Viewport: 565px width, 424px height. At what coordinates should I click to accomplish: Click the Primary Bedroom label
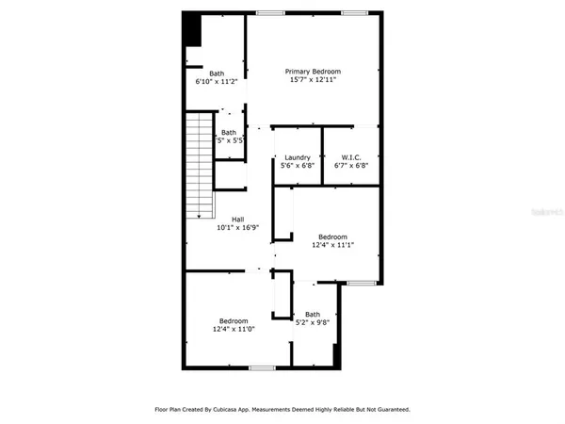click(x=314, y=72)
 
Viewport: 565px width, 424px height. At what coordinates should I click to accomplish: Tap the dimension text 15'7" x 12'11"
click(x=314, y=80)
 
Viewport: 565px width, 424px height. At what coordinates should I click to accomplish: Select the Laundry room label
click(x=298, y=156)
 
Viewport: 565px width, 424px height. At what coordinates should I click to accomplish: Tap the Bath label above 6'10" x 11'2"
click(x=217, y=73)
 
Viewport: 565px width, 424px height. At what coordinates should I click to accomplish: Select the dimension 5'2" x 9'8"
click(x=313, y=322)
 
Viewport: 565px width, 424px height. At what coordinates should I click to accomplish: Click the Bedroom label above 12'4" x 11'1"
click(x=332, y=236)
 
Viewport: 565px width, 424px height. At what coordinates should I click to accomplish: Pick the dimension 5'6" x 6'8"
click(x=298, y=165)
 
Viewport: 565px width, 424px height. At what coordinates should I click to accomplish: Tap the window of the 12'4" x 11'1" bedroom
click(x=359, y=283)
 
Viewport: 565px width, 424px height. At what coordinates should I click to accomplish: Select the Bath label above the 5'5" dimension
click(x=229, y=134)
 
